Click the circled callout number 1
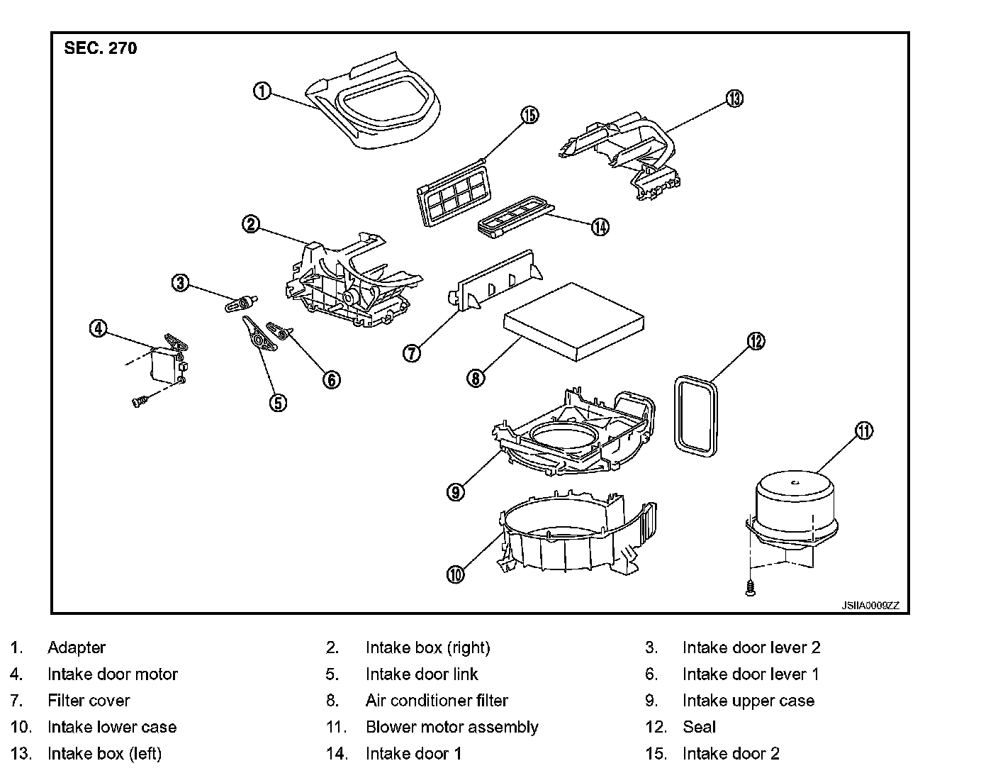(262, 91)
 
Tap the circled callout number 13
(734, 99)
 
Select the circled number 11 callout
(864, 430)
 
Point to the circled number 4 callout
(98, 328)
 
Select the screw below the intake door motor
(138, 401)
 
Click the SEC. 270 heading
(100, 48)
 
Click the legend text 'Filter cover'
(89, 701)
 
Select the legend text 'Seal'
(699, 727)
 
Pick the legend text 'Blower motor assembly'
(452, 727)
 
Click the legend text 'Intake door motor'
(112, 674)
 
